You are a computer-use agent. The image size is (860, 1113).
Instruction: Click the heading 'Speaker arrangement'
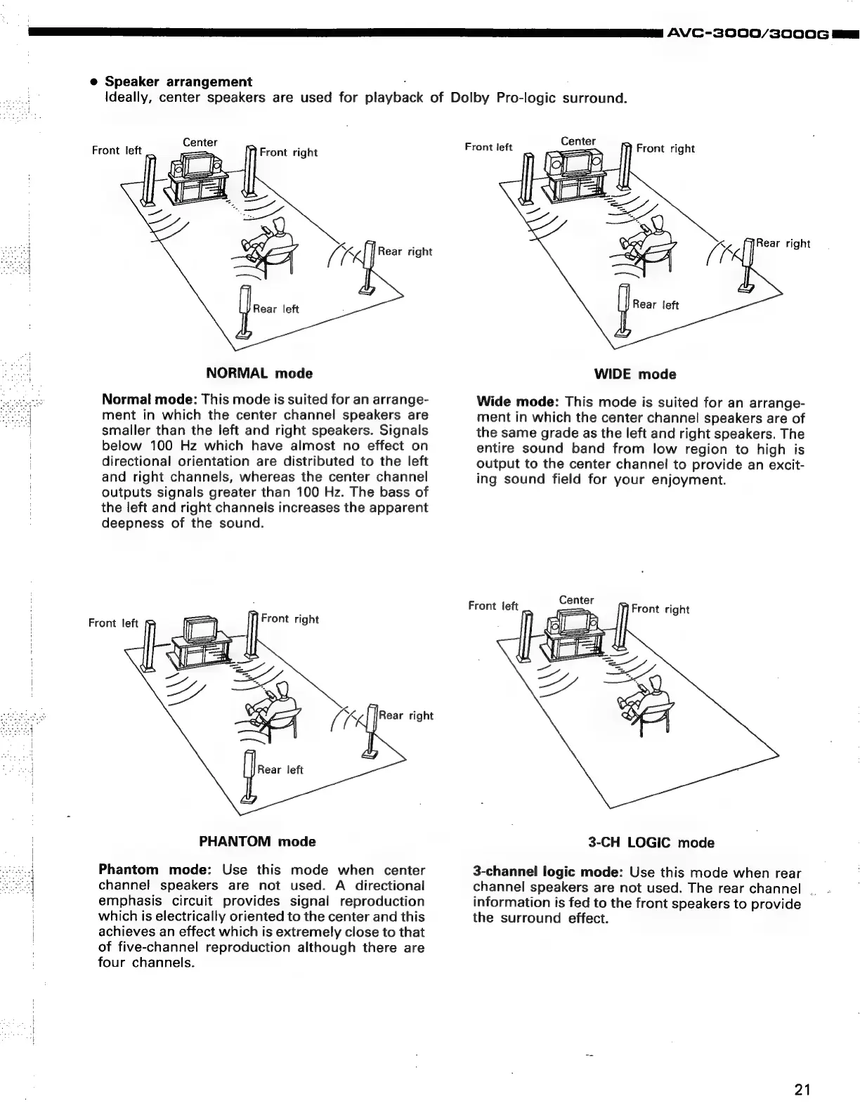click(x=178, y=82)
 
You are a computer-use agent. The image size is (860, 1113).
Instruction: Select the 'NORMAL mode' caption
click(x=259, y=373)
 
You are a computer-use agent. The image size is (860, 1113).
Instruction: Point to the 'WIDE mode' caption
click(x=634, y=375)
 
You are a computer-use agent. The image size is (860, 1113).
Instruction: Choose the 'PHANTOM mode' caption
click(x=257, y=841)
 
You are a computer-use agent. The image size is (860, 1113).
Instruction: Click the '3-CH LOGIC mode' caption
click(x=651, y=842)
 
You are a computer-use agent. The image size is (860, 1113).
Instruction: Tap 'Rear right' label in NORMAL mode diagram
click(x=405, y=252)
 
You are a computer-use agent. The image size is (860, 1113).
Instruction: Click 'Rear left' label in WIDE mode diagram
click(x=655, y=304)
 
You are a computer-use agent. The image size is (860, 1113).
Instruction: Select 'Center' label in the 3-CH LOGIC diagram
click(x=576, y=600)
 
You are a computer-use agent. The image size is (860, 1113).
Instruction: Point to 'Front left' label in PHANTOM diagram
click(x=113, y=623)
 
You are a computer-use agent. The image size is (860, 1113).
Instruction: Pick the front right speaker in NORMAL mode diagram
click(x=250, y=173)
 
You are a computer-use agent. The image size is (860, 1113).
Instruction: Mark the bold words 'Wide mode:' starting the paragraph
click(x=517, y=403)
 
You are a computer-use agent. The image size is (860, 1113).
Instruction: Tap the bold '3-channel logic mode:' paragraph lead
click(x=548, y=873)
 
